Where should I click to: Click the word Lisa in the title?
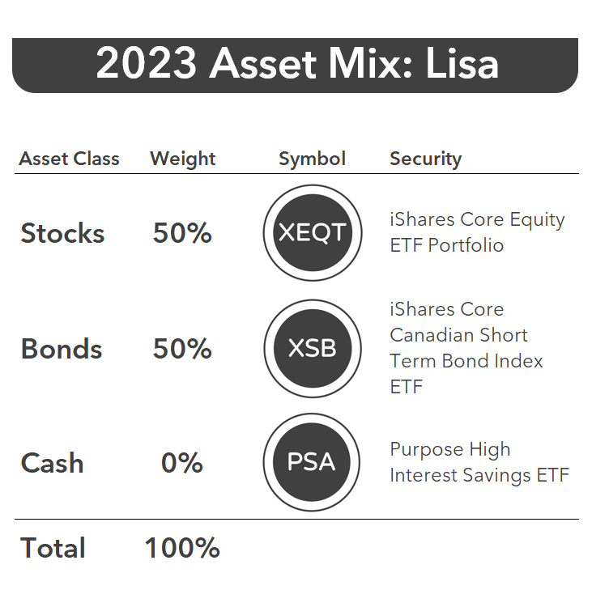462,63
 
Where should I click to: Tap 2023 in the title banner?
147,63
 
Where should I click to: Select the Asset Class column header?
69,159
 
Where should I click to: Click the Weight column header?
183,159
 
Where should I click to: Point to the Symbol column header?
313,159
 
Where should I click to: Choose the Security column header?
426,159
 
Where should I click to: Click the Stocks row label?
62,233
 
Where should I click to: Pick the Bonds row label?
62,348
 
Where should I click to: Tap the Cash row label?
52,463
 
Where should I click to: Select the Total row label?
53,548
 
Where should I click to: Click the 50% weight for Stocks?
182,232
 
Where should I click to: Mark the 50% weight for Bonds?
182,348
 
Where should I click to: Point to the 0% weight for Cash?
181,463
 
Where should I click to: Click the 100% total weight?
182,548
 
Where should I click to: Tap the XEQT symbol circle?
313,232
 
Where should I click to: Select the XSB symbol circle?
313,348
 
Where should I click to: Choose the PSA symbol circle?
312,462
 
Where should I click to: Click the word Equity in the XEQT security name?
537,220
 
